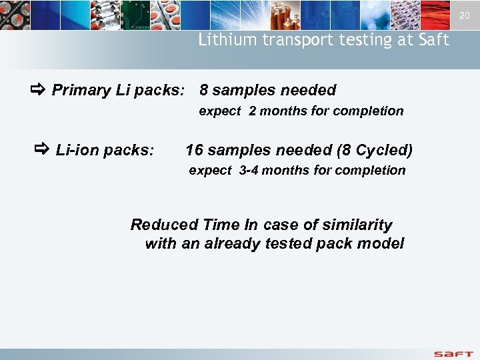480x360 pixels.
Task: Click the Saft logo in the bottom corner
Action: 453,353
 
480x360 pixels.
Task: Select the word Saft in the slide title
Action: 435,40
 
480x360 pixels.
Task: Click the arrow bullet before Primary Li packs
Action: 37,89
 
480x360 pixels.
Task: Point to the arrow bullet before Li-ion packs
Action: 41,149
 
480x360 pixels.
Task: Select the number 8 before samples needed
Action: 204,90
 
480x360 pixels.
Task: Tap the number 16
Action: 194,150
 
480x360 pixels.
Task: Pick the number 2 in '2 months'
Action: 253,111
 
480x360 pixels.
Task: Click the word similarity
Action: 358,225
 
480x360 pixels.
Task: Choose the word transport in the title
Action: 290,40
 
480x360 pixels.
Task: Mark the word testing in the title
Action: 353,40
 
